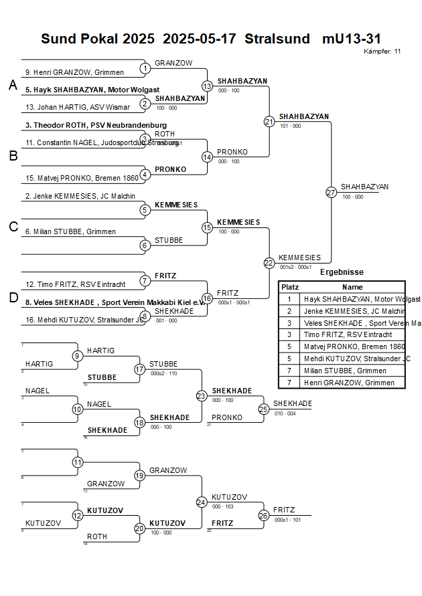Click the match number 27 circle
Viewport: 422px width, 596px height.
[x=331, y=193]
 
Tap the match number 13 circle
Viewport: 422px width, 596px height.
[x=207, y=86]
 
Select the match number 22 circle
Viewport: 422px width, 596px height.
[x=269, y=263]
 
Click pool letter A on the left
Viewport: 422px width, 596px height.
[x=13, y=86]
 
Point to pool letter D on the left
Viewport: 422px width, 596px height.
[x=13, y=298]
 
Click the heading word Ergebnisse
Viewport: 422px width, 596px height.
[x=342, y=272]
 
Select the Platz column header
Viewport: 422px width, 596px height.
[x=290, y=286]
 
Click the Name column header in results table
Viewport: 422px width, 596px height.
[x=352, y=286]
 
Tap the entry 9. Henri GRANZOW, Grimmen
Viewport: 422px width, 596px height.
[x=70, y=72]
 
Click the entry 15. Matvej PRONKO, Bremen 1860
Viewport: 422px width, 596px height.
[x=82, y=178]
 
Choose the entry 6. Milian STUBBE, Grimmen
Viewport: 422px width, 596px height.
[x=70, y=231]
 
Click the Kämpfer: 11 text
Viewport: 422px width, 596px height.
[x=382, y=52]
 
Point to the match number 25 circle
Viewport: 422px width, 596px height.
[x=263, y=408]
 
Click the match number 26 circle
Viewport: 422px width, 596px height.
[x=263, y=515]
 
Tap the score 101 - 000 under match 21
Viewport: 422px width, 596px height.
[x=290, y=126]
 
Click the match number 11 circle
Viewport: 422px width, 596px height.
[x=78, y=462]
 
